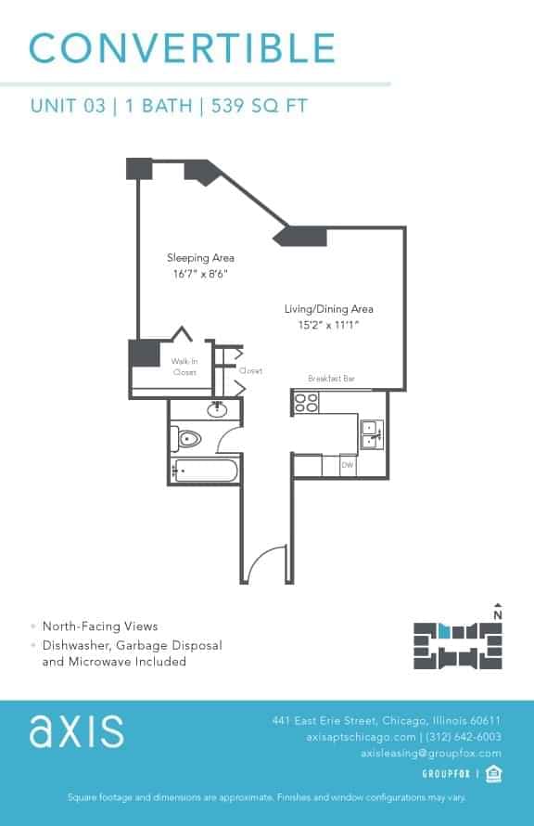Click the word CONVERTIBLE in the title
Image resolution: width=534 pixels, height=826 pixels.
tap(183, 47)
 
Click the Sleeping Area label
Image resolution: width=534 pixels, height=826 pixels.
tap(200, 257)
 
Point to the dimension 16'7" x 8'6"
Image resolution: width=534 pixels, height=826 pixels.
tap(200, 274)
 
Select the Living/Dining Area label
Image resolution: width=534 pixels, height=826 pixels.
tap(328, 309)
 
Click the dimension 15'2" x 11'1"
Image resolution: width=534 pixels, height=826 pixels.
tap(328, 325)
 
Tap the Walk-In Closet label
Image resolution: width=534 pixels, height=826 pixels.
tap(184, 367)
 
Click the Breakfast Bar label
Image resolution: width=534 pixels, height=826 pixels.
tap(331, 379)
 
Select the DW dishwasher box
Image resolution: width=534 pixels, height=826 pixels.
tap(348, 465)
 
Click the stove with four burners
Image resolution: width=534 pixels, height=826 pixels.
tap(306, 403)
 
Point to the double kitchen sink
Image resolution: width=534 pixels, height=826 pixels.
tap(371, 434)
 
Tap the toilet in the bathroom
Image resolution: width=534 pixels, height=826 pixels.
tap(188, 438)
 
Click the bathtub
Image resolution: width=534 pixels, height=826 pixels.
tap(205, 471)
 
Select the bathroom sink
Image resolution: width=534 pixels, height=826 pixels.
tap(220, 409)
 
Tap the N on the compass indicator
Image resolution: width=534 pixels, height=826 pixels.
tap(499, 613)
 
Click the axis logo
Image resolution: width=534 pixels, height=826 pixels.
tap(76, 730)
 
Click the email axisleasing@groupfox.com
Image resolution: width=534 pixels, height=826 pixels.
tap(430, 754)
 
